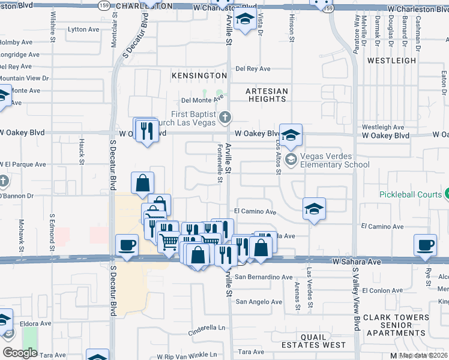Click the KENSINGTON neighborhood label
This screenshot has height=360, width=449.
(199, 76)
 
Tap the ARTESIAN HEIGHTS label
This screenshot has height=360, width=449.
(267, 95)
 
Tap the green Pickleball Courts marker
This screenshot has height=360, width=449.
(447, 194)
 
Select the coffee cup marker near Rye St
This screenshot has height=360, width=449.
(426, 245)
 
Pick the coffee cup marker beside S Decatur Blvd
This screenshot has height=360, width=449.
(127, 245)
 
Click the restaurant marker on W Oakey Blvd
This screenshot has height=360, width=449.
(146, 130)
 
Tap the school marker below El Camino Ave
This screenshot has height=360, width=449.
(314, 209)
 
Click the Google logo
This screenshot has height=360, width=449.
(20, 353)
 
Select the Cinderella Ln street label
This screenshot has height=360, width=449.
(206, 328)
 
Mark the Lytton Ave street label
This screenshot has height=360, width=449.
(83, 29)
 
